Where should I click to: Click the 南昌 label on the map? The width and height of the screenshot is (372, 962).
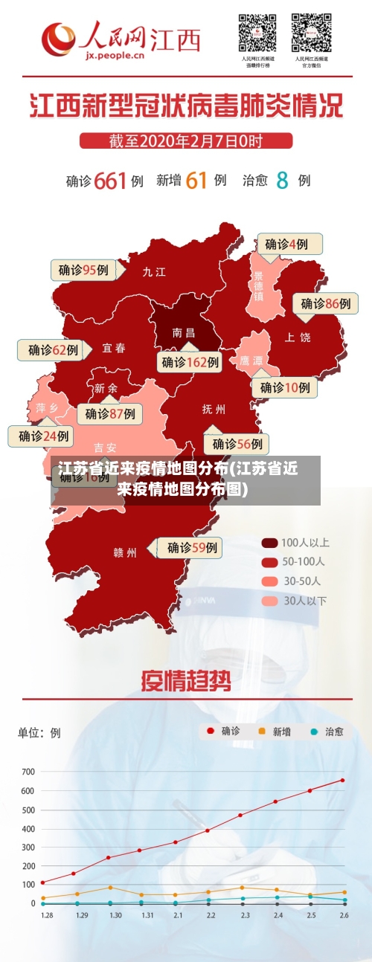[183, 332]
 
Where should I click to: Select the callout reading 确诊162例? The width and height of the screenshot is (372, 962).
[190, 362]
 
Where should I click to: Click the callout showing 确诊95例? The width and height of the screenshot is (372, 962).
[83, 270]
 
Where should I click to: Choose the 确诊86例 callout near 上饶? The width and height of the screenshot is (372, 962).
[325, 303]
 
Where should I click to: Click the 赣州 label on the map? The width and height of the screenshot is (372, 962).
[125, 552]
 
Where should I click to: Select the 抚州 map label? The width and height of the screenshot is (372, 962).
[214, 409]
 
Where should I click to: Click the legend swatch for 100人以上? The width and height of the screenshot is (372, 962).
[269, 543]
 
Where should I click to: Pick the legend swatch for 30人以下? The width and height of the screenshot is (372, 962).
[269, 601]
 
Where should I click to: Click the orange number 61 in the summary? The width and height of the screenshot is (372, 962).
[196, 180]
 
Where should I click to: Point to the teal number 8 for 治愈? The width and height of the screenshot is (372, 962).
[282, 180]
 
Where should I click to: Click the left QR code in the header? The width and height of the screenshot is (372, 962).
[257, 33]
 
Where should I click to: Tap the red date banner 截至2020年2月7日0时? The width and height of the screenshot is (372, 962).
[186, 141]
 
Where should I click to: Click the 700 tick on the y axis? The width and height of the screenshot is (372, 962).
[28, 772]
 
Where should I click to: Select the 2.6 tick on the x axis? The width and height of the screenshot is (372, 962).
[344, 915]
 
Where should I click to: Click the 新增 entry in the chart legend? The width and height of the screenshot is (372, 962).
[273, 732]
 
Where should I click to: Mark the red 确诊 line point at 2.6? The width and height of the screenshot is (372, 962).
[343, 780]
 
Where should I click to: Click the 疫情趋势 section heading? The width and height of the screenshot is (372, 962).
[186, 681]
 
